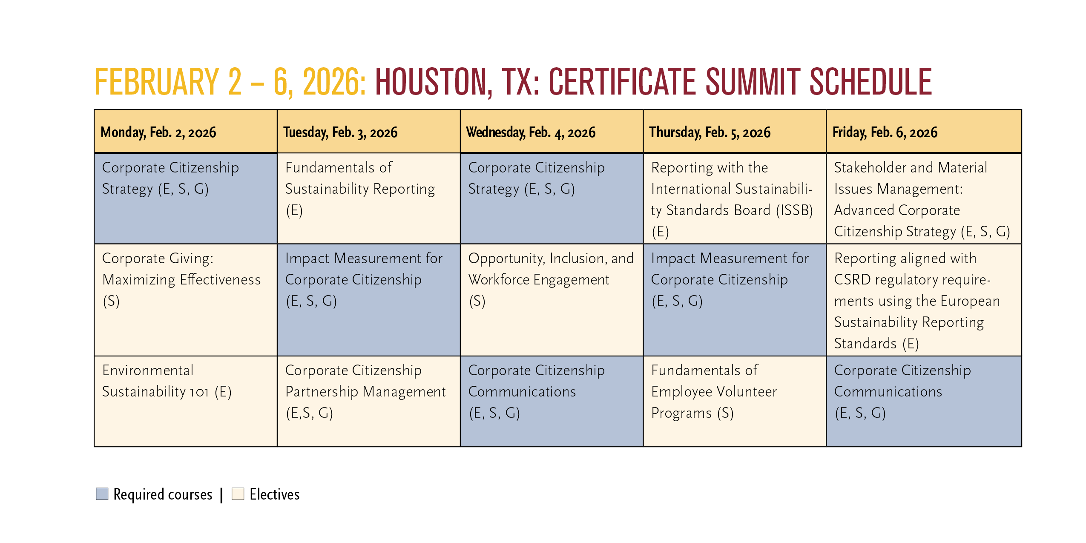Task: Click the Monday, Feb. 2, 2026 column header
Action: (186, 132)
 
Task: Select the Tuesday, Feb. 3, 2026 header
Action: (369, 132)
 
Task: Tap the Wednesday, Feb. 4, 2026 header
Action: (552, 132)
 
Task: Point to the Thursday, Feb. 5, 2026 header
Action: (735, 132)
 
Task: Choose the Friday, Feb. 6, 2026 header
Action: (924, 132)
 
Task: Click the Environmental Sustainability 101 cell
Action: (186, 401)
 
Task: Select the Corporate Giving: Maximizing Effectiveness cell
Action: (186, 300)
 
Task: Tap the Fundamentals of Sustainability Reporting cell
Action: (369, 198)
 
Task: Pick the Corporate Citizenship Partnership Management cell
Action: (369, 401)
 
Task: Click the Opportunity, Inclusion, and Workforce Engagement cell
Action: (552, 300)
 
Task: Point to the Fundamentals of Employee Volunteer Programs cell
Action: (735, 401)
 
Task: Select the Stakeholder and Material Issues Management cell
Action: (924, 198)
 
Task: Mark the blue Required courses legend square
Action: (102, 494)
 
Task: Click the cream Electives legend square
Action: (238, 494)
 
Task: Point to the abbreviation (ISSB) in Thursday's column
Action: (794, 210)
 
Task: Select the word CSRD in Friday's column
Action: (852, 279)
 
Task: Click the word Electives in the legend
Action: (275, 494)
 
